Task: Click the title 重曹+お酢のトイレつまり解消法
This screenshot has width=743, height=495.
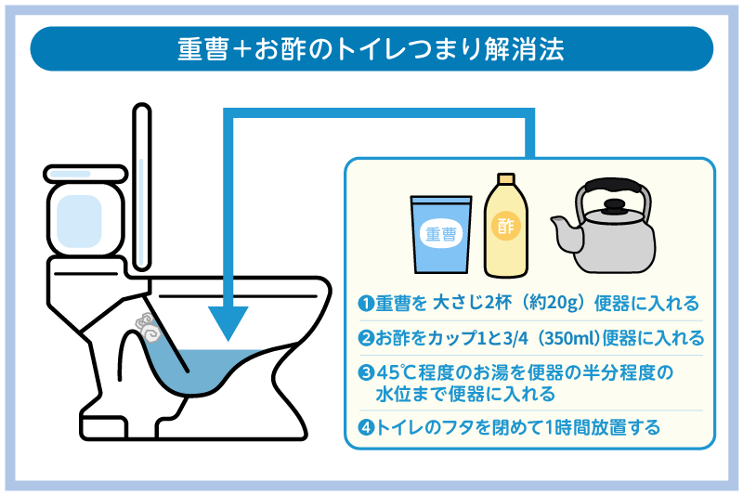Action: (371, 48)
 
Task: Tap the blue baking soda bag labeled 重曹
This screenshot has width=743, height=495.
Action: (440, 234)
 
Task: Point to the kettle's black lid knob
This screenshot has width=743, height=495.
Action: (614, 202)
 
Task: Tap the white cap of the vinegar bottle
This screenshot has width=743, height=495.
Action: (505, 181)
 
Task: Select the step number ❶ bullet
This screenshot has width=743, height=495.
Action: (366, 304)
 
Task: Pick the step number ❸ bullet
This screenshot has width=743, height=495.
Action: (366, 372)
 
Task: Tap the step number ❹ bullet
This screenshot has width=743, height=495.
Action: (366, 428)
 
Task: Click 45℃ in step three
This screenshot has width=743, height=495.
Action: (396, 372)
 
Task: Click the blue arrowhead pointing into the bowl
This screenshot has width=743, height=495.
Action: (227, 325)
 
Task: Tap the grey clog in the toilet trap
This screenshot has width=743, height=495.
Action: (147, 326)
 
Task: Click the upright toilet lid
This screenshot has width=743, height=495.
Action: (141, 186)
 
